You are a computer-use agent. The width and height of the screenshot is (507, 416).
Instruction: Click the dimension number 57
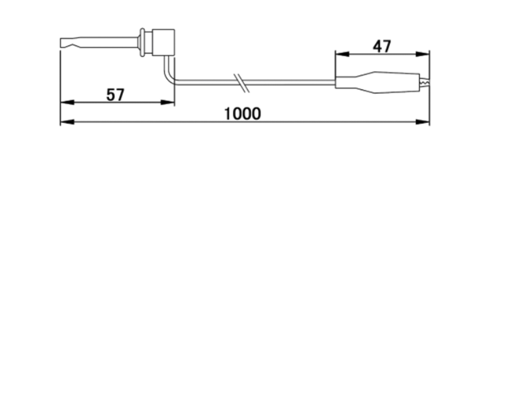[115, 95]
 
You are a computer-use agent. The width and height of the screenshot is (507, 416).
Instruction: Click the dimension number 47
[382, 46]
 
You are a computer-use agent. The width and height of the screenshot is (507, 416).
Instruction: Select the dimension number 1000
[243, 114]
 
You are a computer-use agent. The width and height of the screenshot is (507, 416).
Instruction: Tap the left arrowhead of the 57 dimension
[67, 102]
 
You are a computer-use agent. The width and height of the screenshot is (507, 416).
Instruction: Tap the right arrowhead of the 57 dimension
[168, 102]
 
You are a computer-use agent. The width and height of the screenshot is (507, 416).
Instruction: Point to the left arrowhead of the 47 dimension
[342, 54]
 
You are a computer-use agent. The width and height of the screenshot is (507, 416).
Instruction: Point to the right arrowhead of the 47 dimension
[422, 54]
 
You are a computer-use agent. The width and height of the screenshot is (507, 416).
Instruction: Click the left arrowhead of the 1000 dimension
[67, 122]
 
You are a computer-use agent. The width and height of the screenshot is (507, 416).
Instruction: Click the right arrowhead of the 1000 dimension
[422, 122]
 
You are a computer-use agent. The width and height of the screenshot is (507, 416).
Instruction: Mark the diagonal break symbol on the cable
[242, 83]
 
